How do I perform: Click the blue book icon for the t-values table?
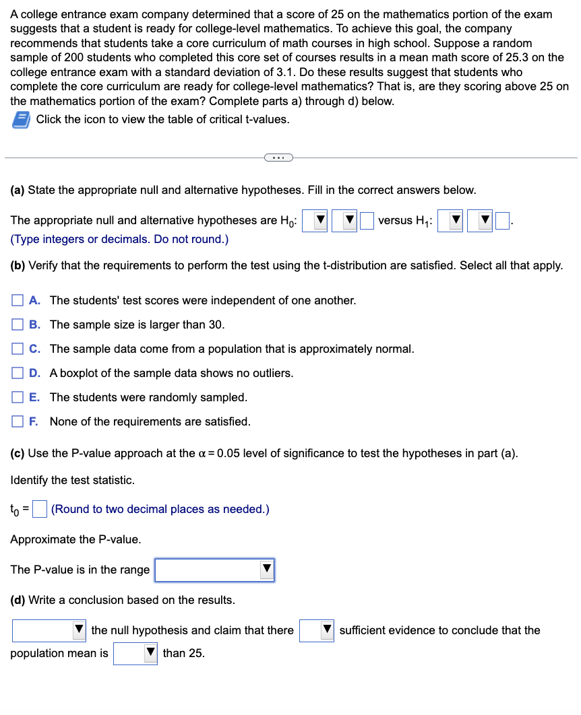tap(20, 119)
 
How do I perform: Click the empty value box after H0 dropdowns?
tap(367, 220)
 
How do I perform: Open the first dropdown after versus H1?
tap(450, 220)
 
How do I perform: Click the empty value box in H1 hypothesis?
tap(503, 220)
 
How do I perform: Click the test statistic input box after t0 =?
tap(40, 508)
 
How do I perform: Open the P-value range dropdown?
tap(215, 570)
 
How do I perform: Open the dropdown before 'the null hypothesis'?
tap(49, 631)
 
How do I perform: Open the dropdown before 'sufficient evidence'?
tap(317, 631)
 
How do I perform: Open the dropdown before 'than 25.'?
tap(135, 654)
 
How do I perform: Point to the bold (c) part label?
tap(18, 452)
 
